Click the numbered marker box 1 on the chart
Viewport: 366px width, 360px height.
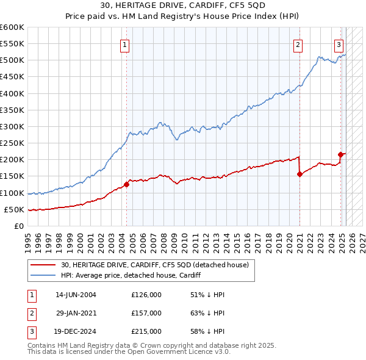124,44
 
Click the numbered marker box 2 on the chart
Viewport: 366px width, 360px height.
298,44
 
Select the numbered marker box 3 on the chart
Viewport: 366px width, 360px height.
339,44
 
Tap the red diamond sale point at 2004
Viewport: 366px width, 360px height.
126,184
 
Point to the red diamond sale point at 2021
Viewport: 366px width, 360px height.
300,174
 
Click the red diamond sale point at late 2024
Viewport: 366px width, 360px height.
341,154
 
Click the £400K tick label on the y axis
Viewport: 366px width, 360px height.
12,93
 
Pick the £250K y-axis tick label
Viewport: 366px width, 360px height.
12,143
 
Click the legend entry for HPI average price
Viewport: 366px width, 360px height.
131,276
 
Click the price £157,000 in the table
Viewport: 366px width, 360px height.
146,314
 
